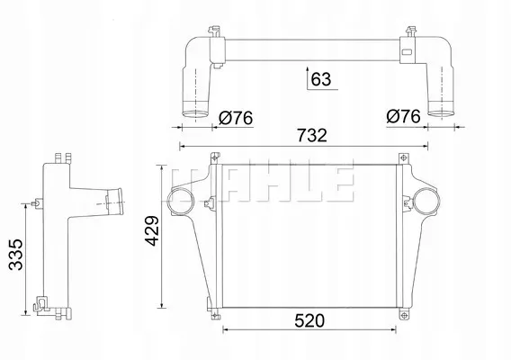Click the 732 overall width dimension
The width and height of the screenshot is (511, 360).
(311, 136)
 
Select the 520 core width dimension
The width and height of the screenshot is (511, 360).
(309, 321)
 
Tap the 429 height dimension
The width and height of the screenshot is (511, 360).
(153, 231)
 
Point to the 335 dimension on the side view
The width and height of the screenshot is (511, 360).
(15, 255)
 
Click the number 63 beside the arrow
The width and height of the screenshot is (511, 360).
(321, 79)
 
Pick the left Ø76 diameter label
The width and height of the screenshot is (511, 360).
(236, 118)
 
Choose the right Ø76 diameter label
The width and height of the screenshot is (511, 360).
(403, 116)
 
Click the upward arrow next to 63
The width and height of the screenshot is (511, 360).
(308, 78)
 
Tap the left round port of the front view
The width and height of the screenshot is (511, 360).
(181, 202)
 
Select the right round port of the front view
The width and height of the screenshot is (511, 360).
(427, 202)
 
